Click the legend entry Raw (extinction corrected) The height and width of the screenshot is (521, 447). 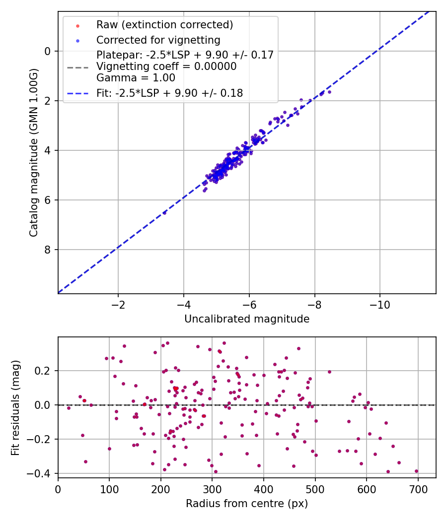[x=164, y=25]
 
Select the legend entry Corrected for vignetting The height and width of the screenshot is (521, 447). [x=158, y=40]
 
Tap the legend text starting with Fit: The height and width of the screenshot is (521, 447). [x=169, y=93]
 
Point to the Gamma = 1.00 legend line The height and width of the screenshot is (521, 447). [x=136, y=77]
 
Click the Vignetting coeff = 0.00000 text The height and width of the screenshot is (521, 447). [x=166, y=66]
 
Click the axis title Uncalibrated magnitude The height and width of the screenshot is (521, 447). [x=247, y=319]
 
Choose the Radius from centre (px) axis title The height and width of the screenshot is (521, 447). [x=247, y=504]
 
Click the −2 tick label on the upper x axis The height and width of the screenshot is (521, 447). [x=118, y=304]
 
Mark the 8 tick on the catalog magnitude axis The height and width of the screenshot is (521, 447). [x=48, y=250]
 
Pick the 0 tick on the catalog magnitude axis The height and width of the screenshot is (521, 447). [x=48, y=51]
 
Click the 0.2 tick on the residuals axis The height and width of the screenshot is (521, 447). [x=43, y=371]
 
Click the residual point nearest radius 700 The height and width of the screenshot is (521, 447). [x=416, y=471]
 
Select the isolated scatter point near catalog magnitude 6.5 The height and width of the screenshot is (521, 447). [x=164, y=212]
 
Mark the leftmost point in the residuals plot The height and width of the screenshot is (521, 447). [x=69, y=408]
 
